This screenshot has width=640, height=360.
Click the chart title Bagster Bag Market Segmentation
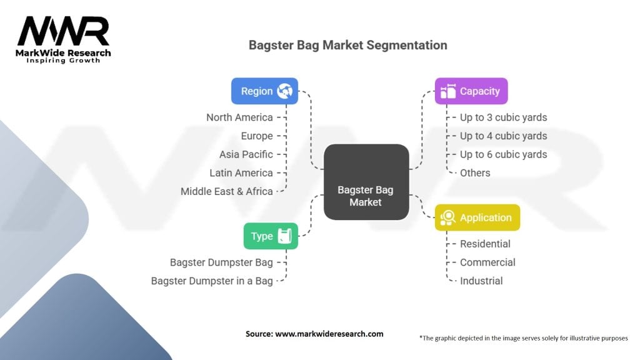tap(347, 45)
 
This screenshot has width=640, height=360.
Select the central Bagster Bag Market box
tap(366, 182)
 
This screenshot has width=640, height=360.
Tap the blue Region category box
tap(264, 91)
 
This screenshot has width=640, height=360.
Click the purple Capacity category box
tap(471, 91)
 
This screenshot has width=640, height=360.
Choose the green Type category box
tap(271, 236)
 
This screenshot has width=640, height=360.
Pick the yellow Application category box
tap(477, 217)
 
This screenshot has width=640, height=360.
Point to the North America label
tap(239, 117)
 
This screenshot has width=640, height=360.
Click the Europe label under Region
tap(257, 136)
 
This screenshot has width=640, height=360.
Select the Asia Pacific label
tap(246, 154)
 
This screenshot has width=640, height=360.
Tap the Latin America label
tap(241, 172)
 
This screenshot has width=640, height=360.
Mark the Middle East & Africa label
tap(227, 191)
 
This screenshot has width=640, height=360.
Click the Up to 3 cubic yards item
tap(503, 117)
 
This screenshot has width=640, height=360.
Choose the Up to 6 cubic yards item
tap(503, 154)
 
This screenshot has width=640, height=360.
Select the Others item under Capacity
tap(475, 172)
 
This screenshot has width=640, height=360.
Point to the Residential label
tap(485, 244)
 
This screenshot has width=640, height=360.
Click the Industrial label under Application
tap(481, 281)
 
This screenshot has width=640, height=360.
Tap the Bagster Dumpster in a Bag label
tap(212, 281)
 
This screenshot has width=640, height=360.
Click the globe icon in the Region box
tap(285, 91)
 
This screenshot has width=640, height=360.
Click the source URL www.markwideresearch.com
tap(329, 334)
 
